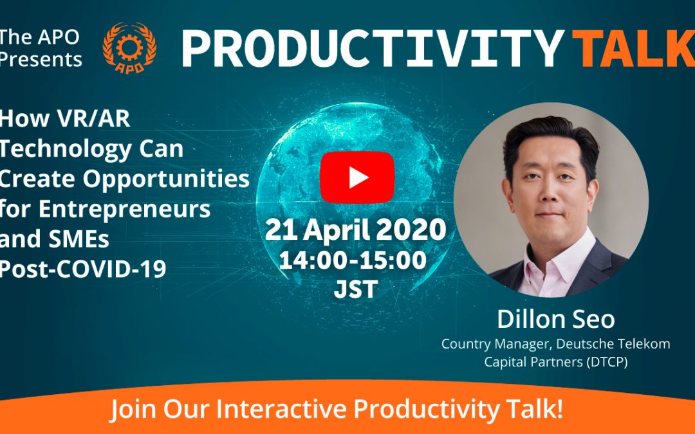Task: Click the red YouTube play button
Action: pyautogui.click(x=357, y=177)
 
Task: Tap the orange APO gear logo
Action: pyautogui.click(x=129, y=48)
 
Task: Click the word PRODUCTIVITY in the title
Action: pyautogui.click(x=373, y=48)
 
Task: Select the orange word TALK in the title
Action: pyautogui.click(x=633, y=48)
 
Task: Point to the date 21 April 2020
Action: pyautogui.click(x=355, y=230)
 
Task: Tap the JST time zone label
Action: pyautogui.click(x=356, y=289)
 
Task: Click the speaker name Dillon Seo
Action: pyautogui.click(x=556, y=319)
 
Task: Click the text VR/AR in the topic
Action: pyautogui.click(x=93, y=119)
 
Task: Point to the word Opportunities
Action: pyautogui.click(x=166, y=179)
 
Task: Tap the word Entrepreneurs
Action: pyautogui.click(x=125, y=209)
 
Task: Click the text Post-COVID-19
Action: pyautogui.click(x=83, y=268)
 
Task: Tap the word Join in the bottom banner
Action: pyautogui.click(x=133, y=409)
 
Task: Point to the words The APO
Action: pyautogui.click(x=40, y=37)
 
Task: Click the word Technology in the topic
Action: pyautogui.click(x=66, y=150)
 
